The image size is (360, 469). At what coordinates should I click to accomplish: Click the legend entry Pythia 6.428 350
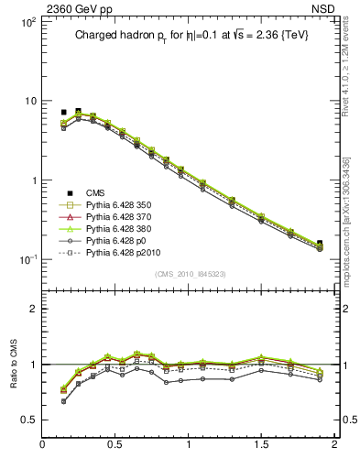(x=115, y=207)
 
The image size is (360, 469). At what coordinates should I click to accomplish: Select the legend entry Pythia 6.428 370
(x=115, y=221)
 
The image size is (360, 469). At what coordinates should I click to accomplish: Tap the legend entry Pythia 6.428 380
(x=115, y=234)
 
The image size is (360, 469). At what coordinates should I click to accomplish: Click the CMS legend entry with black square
(x=96, y=192)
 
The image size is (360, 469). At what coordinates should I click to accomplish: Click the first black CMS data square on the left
(x=63, y=112)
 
